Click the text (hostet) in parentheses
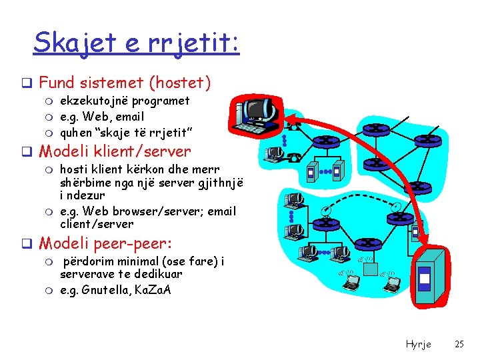[x=180, y=83]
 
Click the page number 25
[x=459, y=344]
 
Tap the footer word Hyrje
[x=418, y=344]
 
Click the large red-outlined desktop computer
[x=257, y=113]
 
